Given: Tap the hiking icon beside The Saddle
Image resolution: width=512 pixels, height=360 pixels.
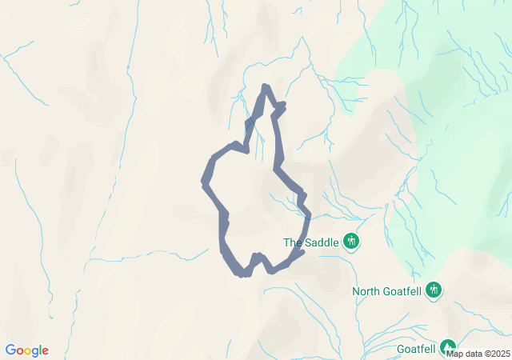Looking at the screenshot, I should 350,241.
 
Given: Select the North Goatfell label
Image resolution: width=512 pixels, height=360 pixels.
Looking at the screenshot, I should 386,291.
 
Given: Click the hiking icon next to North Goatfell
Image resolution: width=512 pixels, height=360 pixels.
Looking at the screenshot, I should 434,290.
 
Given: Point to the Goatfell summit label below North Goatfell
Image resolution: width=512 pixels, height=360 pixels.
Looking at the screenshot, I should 416,349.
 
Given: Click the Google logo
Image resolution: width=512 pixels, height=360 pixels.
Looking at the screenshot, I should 27,350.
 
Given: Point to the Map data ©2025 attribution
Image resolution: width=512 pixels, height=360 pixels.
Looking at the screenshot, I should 478,354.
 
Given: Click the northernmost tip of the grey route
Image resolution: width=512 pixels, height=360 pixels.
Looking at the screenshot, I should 266,86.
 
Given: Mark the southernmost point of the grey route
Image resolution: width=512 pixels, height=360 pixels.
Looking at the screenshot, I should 242,274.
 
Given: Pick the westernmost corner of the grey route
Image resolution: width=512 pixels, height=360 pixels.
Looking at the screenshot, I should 205,181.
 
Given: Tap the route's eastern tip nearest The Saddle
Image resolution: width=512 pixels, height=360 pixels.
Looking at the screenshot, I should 302,253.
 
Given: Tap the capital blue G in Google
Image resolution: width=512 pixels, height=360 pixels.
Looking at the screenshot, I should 10,350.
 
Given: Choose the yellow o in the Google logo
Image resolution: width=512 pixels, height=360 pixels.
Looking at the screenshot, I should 28,351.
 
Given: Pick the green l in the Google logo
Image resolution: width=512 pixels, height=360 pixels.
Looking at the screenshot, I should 40,350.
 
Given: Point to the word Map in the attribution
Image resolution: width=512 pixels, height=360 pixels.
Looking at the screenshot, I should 454,354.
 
